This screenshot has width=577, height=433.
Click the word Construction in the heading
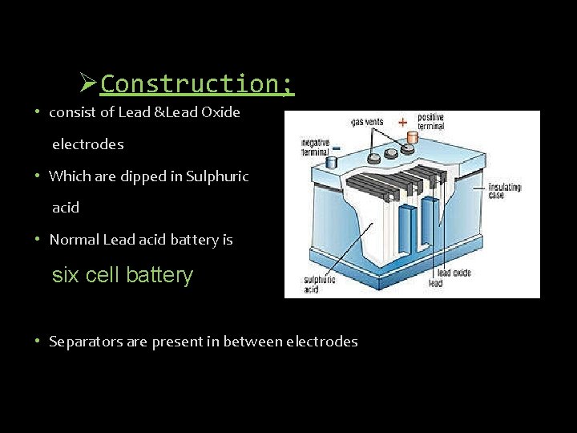pos(197,83)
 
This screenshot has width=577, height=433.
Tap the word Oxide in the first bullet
pos(221,112)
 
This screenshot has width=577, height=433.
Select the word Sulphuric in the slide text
pos(217,176)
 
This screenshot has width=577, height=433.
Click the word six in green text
pos(66,275)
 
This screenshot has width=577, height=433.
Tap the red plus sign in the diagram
pos(401,123)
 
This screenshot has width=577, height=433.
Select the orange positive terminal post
pos(413,139)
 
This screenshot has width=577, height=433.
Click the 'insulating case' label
pos(504,190)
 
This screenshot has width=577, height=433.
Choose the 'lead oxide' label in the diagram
pos(454,273)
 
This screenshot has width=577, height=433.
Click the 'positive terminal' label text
pos(431,122)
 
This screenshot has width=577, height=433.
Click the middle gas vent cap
pos(390,153)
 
